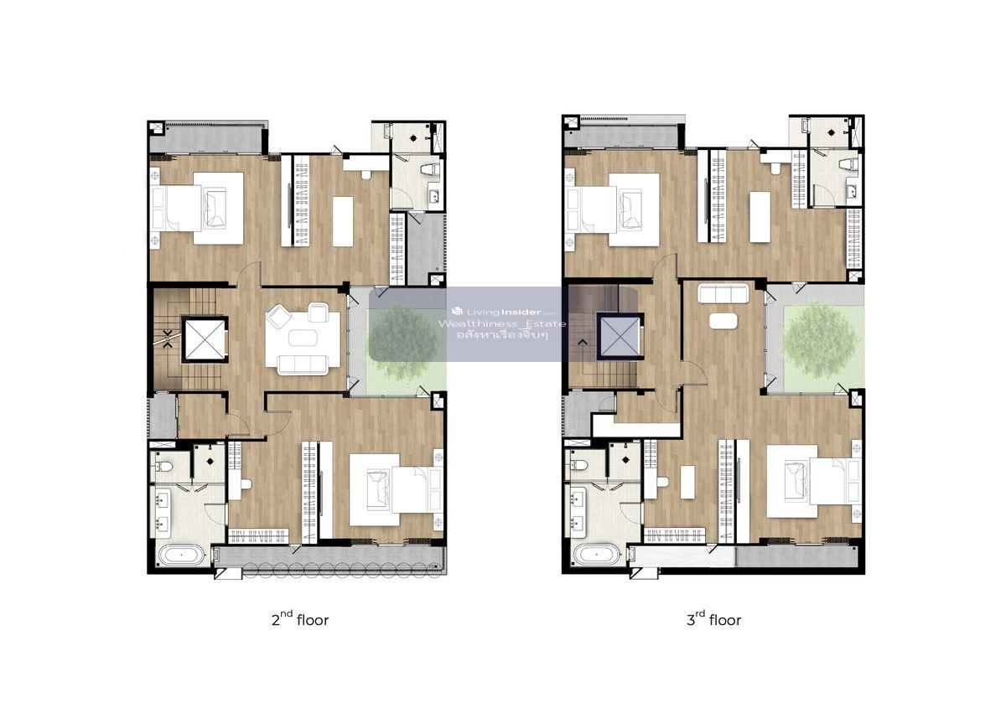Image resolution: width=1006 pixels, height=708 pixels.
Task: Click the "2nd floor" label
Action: [300, 619]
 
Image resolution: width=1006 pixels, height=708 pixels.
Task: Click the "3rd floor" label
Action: [713, 619]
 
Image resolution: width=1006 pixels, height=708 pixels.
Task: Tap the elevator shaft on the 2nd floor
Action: [205, 339]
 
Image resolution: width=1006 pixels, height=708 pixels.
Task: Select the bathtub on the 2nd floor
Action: [182, 555]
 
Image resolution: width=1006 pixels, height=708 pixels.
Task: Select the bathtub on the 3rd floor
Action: [597, 554]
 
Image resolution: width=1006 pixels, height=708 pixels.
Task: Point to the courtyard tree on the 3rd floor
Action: [818, 338]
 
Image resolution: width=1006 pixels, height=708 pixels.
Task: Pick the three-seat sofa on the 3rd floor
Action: [723, 293]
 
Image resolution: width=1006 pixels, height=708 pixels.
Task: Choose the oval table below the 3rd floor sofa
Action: [723, 322]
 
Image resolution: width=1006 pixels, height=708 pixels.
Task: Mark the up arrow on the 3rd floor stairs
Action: [583, 343]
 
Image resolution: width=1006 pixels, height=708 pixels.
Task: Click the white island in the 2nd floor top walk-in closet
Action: [343, 221]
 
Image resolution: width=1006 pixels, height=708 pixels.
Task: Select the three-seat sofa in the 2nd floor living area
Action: [303, 364]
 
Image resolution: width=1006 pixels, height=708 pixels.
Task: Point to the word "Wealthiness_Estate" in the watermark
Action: [502, 324]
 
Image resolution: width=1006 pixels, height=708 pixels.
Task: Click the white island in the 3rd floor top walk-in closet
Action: [760, 217]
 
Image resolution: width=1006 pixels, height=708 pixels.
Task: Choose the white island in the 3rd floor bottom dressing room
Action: [687, 482]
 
